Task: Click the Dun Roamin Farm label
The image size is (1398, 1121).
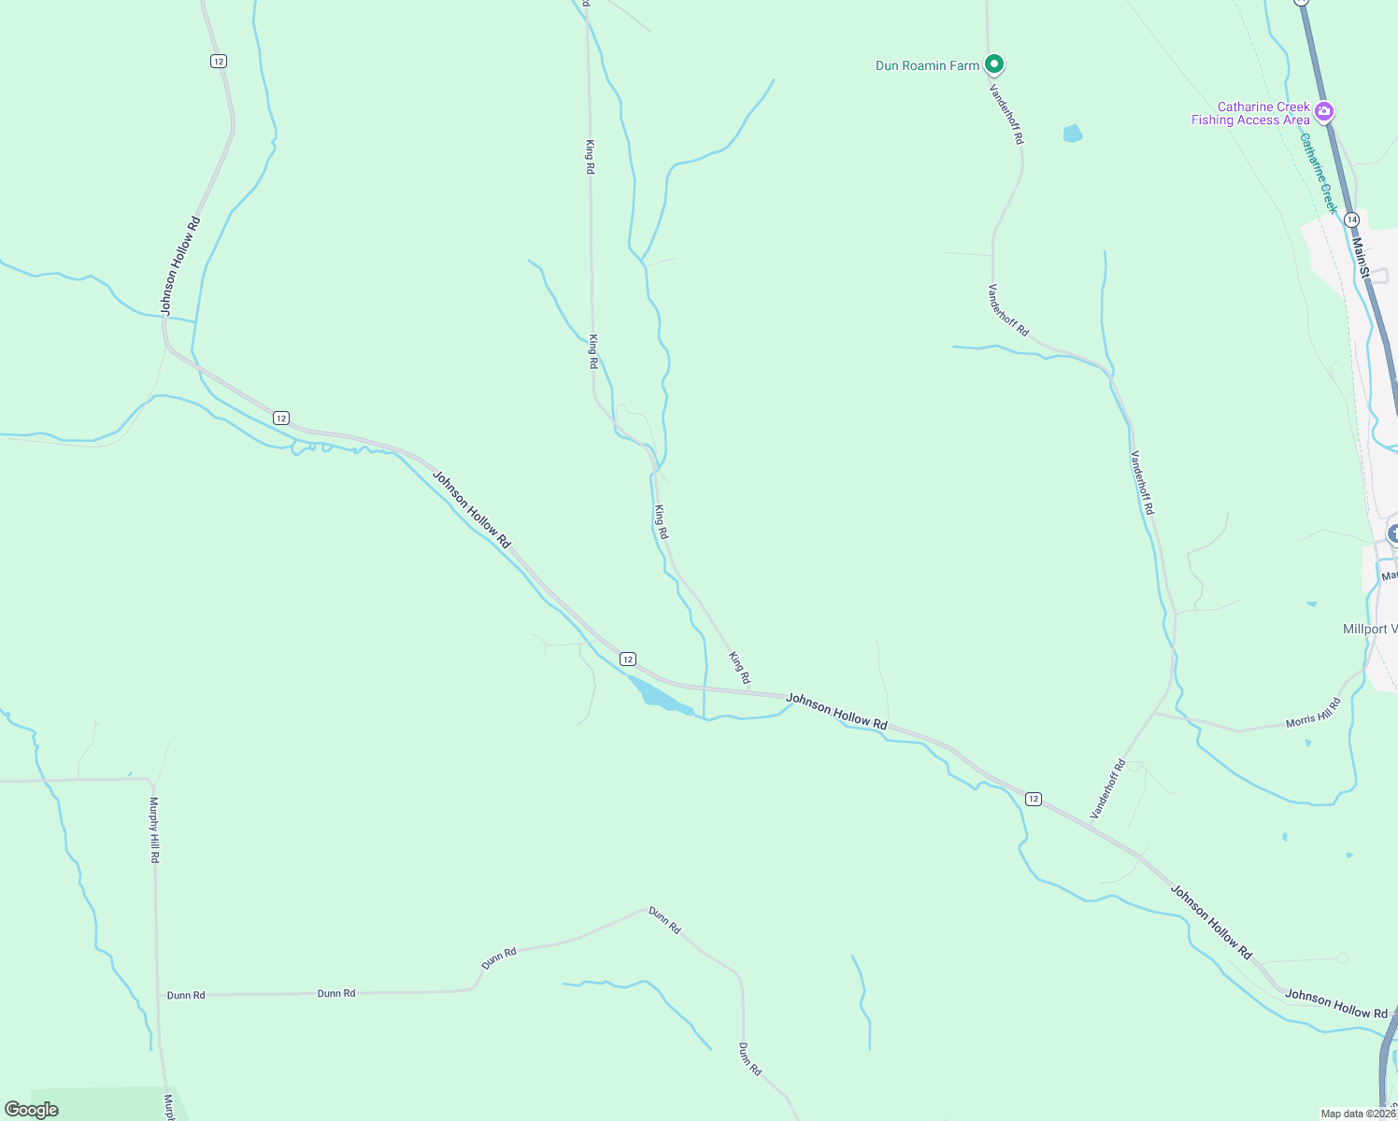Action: pos(927,65)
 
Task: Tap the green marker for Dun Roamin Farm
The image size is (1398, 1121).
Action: pos(995,64)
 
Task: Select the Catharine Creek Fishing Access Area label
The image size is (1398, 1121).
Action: pos(1250,114)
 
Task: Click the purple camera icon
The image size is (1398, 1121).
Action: pos(1323,112)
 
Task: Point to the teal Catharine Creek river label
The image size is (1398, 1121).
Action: pos(1319,173)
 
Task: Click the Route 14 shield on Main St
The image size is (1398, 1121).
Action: pos(1351,219)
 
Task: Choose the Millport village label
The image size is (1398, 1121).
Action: pos(1369,629)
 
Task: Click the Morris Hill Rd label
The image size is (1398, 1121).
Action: pos(1313,713)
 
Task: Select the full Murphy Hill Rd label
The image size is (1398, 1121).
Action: pos(155,830)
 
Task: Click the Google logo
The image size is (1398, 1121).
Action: pos(31,1110)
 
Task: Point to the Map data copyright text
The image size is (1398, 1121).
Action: pos(1358,1114)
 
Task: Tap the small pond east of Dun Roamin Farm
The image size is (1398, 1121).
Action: pos(1073,134)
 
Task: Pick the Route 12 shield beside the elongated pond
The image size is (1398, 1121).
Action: pos(628,660)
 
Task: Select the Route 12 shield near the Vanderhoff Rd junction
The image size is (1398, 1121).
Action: pos(1033,799)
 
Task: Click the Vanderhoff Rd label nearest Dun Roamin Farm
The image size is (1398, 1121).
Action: pos(1006,114)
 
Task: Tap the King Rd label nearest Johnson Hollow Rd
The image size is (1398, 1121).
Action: pos(739,667)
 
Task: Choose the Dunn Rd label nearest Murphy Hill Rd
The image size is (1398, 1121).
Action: pos(186,996)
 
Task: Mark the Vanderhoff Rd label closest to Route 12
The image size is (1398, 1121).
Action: pos(1108,789)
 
